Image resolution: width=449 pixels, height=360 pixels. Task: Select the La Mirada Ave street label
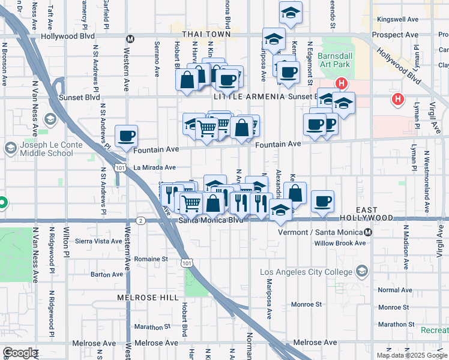click(x=154, y=167)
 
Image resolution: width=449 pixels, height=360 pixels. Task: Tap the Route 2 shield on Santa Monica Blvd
click(x=140, y=220)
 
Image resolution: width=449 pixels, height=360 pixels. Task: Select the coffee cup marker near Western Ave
click(x=126, y=136)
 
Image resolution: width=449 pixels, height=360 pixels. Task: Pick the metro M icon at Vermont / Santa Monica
click(x=368, y=232)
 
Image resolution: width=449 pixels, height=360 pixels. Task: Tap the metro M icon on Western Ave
click(x=128, y=39)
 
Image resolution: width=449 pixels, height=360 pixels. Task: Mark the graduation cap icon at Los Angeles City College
click(x=361, y=272)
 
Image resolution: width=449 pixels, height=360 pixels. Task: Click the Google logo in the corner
click(x=20, y=353)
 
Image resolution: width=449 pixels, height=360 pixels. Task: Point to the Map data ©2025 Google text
click(x=411, y=355)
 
